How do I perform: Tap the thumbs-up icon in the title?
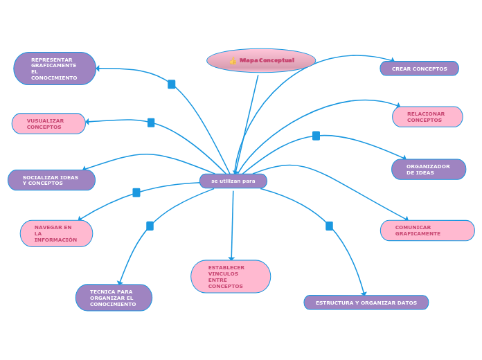tap(233, 61)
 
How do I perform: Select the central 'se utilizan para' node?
tap(233, 181)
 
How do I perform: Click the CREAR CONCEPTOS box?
tap(419, 69)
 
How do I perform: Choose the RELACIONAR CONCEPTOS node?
tap(427, 117)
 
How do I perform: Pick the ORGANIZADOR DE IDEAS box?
tap(428, 170)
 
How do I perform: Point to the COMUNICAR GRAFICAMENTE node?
tap(427, 231)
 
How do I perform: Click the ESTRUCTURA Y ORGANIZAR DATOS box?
tap(366, 303)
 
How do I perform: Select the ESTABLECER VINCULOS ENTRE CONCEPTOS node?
tap(231, 277)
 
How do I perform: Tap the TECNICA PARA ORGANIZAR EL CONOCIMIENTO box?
tap(114, 298)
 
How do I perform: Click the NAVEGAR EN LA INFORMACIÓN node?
tap(56, 233)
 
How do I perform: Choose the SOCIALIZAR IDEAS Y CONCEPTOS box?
tap(51, 180)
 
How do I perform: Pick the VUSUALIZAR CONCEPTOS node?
tap(48, 124)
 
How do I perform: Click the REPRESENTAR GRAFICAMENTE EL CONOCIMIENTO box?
tap(55, 69)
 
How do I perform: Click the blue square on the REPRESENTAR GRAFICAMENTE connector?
tap(172, 84)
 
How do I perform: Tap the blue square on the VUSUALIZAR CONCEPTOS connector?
tap(151, 123)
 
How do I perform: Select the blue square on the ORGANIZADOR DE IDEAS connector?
tap(316, 136)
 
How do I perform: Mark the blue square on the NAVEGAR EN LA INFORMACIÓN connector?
tap(136, 192)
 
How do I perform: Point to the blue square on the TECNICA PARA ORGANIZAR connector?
tap(150, 226)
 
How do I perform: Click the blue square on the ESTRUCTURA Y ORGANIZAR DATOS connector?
tap(329, 226)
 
